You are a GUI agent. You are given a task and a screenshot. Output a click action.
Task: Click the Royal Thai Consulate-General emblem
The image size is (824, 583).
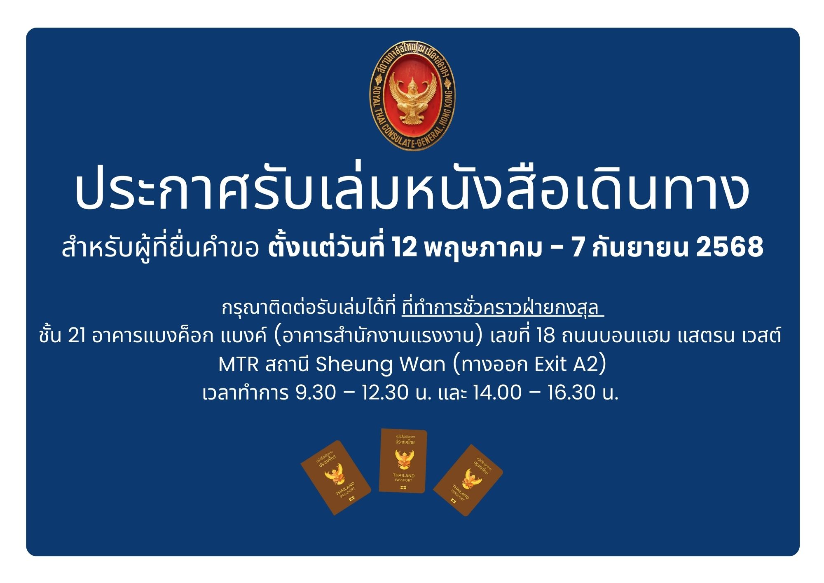(412, 99)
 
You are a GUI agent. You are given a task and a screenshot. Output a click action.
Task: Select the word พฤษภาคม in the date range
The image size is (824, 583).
(482, 248)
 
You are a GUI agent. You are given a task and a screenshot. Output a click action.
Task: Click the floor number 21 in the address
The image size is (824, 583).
(77, 336)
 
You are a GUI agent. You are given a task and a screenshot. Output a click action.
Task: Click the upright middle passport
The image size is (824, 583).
(403, 461)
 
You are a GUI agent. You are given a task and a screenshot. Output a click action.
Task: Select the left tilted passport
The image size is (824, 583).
(336, 477)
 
